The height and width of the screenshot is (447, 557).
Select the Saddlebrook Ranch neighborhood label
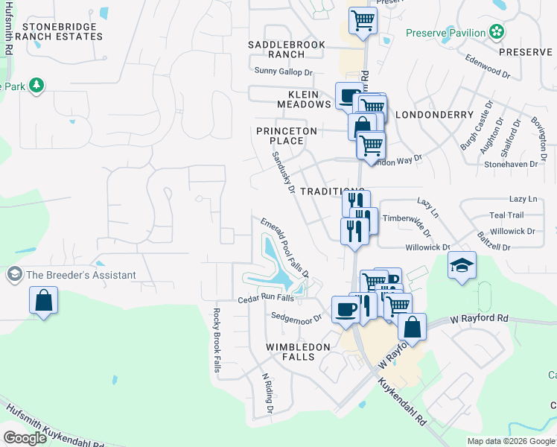[287, 49]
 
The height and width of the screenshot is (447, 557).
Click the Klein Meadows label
[304, 99]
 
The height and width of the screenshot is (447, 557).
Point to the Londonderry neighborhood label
[434, 115]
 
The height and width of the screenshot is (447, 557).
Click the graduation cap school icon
[462, 264]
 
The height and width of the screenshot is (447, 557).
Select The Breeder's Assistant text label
[81, 275]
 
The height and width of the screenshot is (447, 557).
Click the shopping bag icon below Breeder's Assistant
[44, 302]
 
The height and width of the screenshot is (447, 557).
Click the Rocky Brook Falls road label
[217, 345]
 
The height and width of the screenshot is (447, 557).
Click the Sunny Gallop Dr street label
[283, 72]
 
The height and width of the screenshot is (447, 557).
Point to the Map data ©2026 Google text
[511, 441]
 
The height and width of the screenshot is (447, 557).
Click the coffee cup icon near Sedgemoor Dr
[345, 308]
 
